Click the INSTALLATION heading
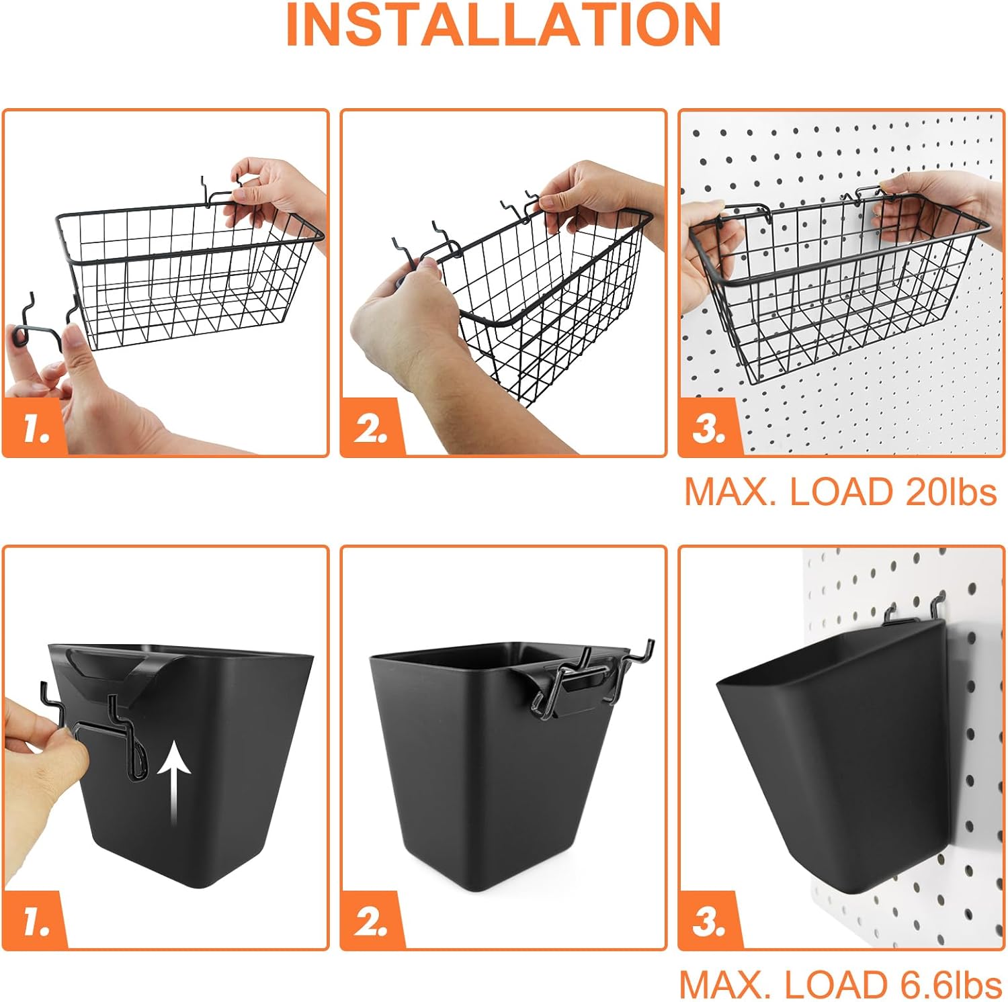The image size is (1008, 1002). (x=503, y=25)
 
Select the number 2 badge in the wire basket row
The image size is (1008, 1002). (x=372, y=428)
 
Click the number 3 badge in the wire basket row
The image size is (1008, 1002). (x=709, y=428)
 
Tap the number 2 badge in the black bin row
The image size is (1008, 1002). (x=372, y=921)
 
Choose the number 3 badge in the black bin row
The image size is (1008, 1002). (x=709, y=921)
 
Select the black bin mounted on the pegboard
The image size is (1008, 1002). (x=833, y=752)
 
